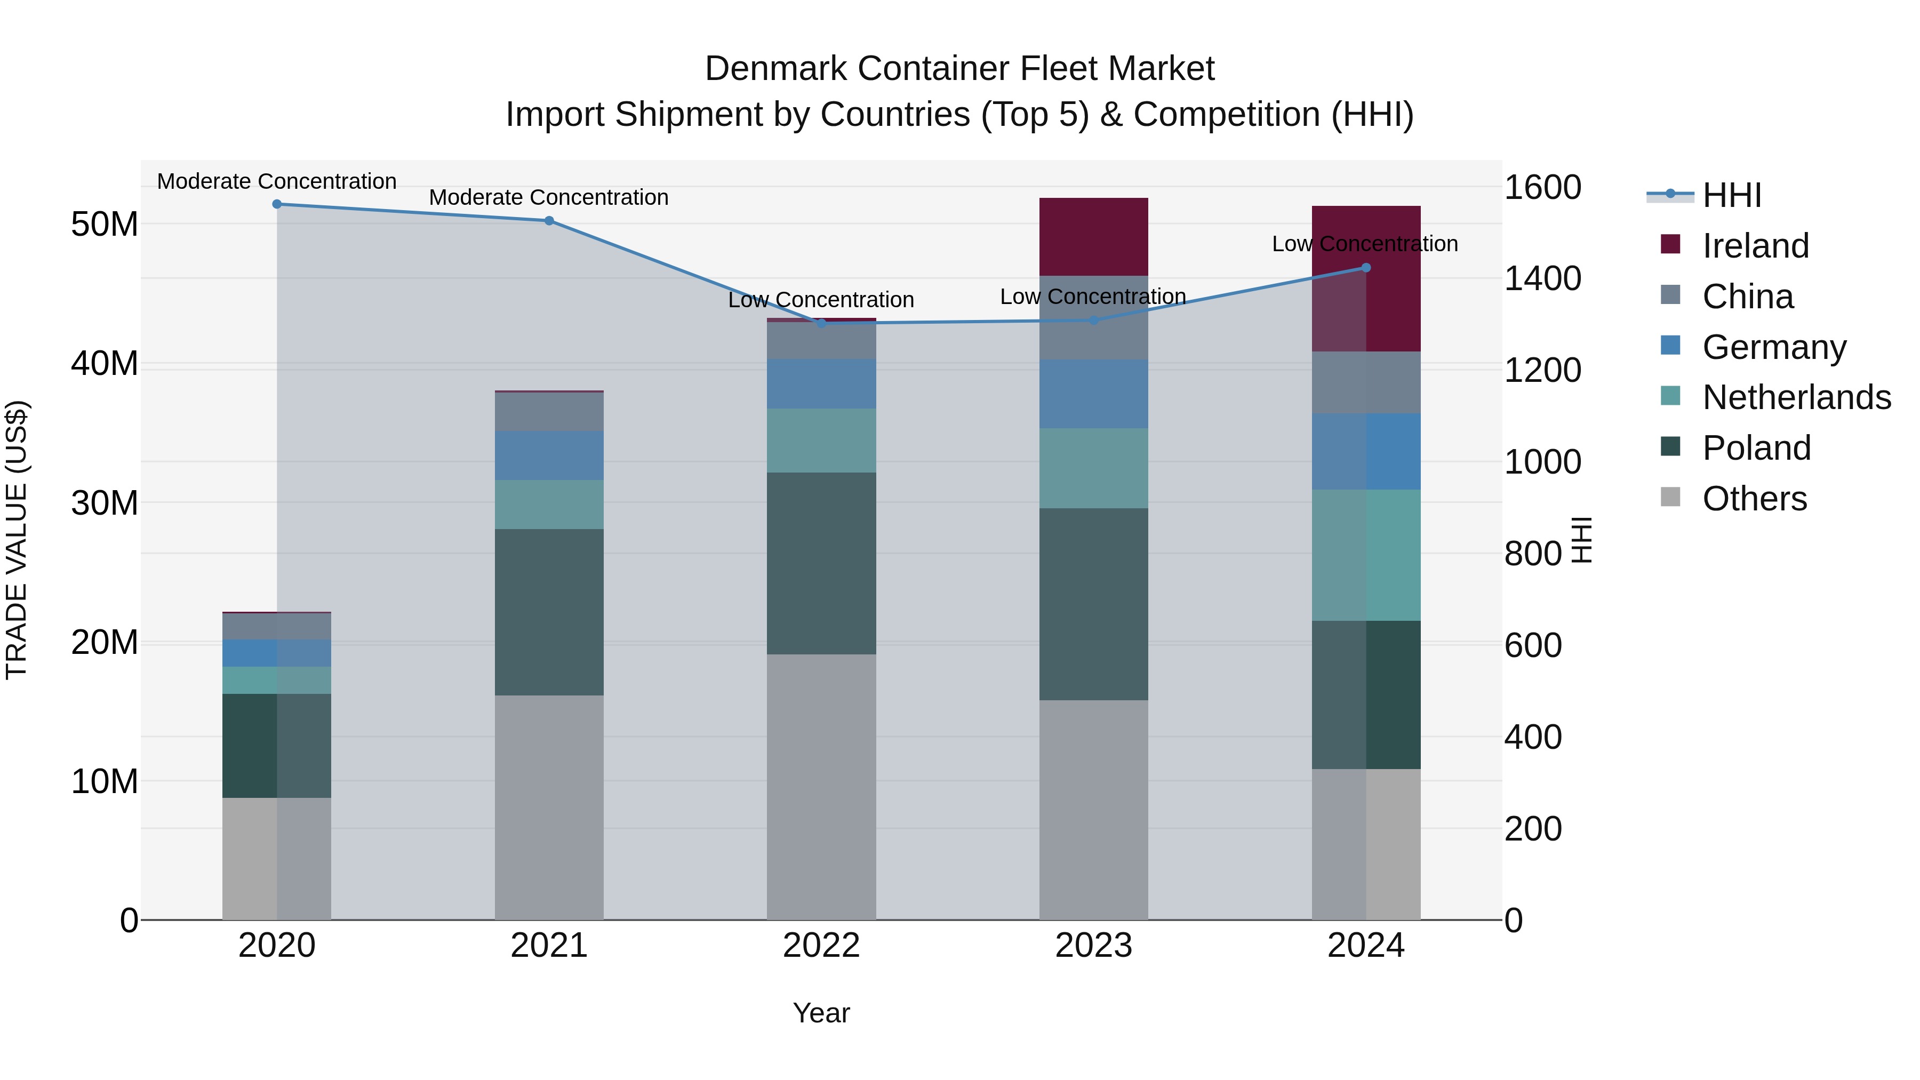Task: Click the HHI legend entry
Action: point(1731,195)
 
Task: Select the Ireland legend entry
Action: point(1755,246)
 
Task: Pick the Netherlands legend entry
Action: point(1796,397)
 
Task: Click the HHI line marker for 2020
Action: point(276,204)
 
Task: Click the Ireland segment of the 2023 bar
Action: point(1093,237)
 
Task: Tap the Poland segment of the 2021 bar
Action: point(549,613)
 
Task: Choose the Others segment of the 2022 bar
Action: point(821,786)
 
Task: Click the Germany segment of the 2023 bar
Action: point(1093,394)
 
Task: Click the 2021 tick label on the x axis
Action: point(549,946)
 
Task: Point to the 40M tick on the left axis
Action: point(105,364)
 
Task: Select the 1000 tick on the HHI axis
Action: point(1542,462)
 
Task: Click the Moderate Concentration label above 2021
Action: point(549,197)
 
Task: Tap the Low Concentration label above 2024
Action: point(1365,244)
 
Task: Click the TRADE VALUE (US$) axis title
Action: point(17,540)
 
